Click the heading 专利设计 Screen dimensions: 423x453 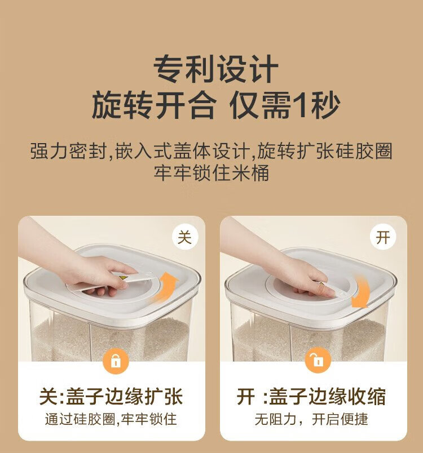click(215, 69)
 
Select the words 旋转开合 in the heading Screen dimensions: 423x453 click(154, 105)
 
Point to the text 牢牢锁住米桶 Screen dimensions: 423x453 click(211, 173)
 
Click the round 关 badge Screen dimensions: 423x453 click(185, 237)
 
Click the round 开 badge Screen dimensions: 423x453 click(383, 237)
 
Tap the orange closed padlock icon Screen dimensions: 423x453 click(116, 361)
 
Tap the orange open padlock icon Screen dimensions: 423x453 click(318, 361)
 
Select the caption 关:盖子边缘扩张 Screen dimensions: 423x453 click(111, 397)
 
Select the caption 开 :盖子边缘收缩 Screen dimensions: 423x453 click(311, 397)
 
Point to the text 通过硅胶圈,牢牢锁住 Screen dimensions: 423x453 click(111, 419)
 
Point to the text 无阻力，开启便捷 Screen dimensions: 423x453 click(311, 419)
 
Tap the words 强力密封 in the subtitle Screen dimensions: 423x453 click(68, 151)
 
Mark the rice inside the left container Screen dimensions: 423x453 click(110, 338)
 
